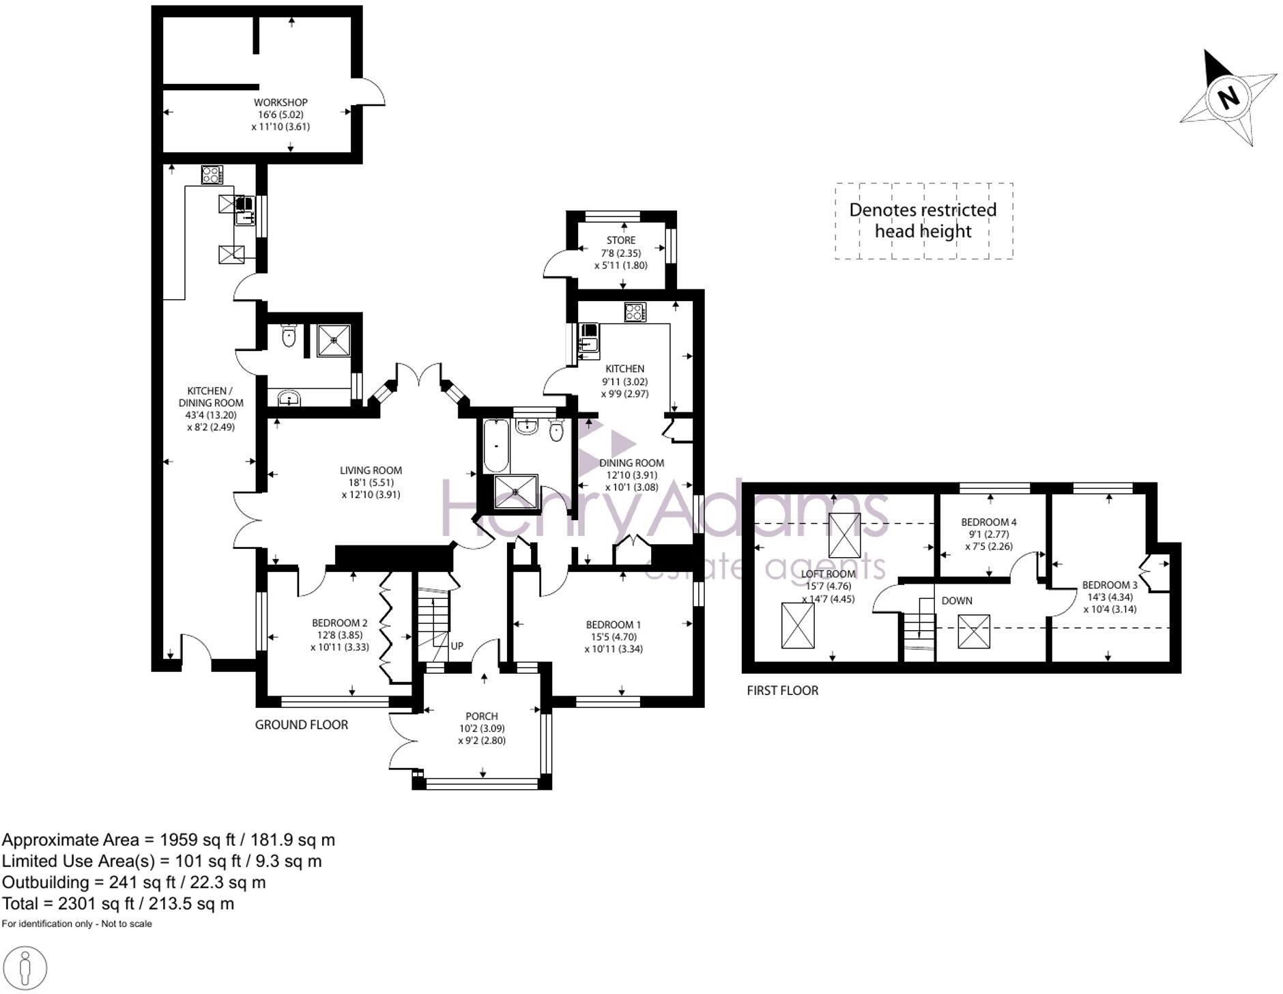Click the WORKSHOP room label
[280, 102]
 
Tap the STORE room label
[621, 240]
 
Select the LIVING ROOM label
[371, 470]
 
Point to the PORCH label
[482, 716]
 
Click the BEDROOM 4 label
[989, 522]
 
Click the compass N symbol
[1229, 97]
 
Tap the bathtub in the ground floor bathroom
[496, 446]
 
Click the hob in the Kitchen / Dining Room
[212, 175]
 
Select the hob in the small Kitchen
[635, 312]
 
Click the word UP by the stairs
[457, 646]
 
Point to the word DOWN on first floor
[957, 601]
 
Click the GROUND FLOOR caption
[302, 725]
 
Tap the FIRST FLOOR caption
[783, 690]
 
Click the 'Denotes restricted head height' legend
[923, 221]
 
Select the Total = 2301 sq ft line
[118, 904]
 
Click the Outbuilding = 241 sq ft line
[134, 883]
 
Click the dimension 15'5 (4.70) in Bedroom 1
[614, 637]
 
